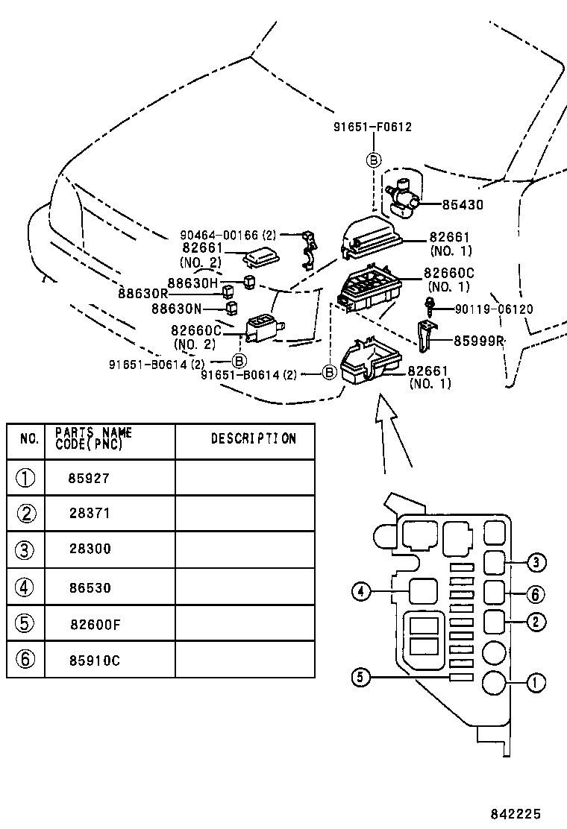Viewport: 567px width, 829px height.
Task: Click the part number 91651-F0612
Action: [372, 127]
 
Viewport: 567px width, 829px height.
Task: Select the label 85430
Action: [463, 204]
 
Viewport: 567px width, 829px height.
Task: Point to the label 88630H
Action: [192, 283]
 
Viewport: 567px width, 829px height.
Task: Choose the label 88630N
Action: [177, 308]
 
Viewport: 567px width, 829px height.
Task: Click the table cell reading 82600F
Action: [95, 625]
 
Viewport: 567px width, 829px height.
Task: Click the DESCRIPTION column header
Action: [253, 439]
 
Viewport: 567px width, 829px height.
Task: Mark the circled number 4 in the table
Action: [25, 587]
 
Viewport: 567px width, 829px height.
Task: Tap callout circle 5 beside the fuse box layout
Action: [360, 677]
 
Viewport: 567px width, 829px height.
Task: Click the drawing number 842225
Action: [516, 814]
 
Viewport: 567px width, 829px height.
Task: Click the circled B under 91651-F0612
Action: [373, 160]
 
